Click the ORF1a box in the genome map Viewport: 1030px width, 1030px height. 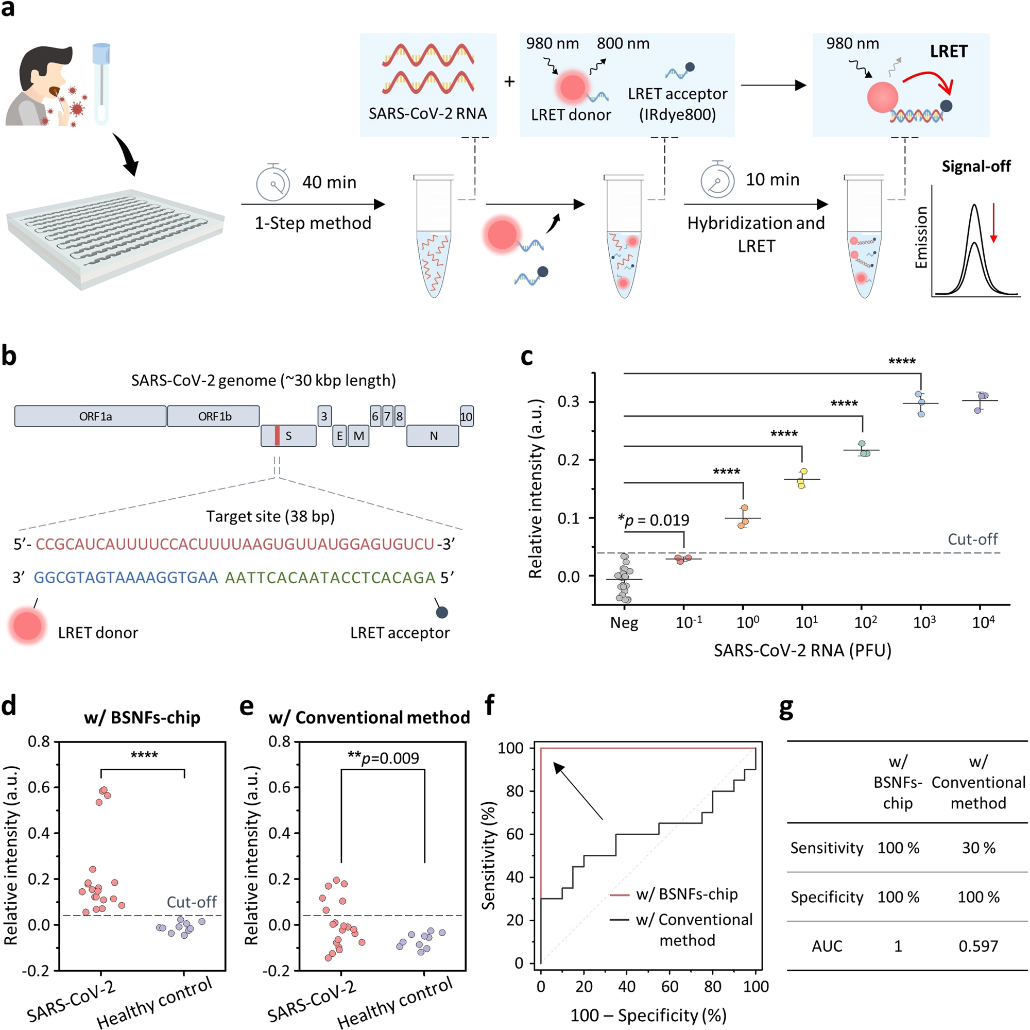click(91, 416)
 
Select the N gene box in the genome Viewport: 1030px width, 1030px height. click(433, 436)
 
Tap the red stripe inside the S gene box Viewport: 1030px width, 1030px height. click(277, 436)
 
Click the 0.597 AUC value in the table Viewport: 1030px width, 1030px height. click(978, 945)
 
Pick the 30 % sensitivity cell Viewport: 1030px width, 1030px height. click(978, 848)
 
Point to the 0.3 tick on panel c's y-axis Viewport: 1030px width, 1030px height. click(569, 402)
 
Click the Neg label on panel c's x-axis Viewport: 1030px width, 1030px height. click(624, 622)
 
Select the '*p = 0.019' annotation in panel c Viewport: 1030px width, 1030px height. click(653, 519)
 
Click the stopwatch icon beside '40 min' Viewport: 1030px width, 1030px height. click(273, 182)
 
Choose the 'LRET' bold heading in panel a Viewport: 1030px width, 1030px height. click(949, 51)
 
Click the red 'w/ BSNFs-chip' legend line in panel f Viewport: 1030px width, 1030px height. click(620, 894)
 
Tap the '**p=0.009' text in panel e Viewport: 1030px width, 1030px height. click(383, 758)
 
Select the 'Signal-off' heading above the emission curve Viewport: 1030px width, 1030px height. click(975, 166)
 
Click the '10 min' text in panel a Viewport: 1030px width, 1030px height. click(772, 180)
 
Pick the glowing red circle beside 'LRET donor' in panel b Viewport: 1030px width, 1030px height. click(27, 626)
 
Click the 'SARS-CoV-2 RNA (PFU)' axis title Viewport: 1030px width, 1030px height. click(802, 650)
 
